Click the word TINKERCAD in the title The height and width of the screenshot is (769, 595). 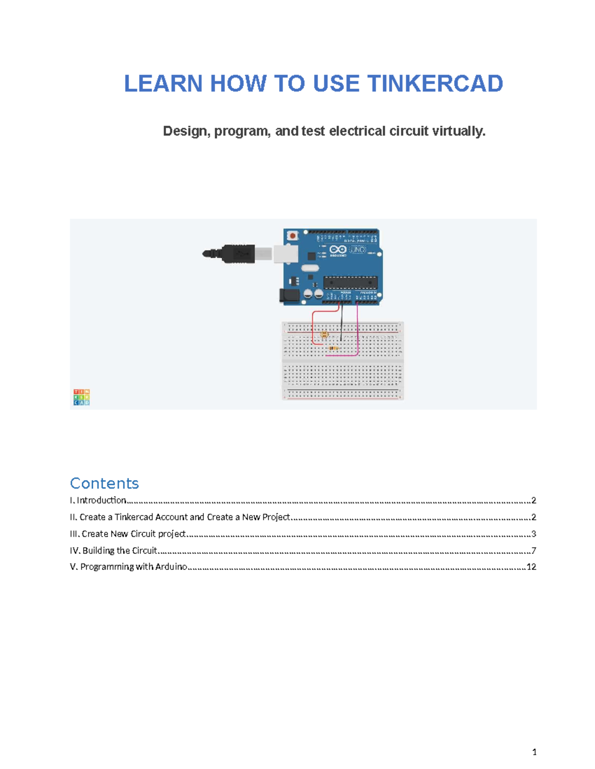[435, 84]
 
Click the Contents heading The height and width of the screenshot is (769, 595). [104, 483]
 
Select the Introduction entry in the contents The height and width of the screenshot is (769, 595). [101, 500]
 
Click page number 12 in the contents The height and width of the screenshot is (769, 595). [531, 567]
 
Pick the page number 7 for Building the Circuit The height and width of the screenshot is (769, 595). [534, 551]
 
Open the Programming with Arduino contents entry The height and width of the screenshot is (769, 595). [133, 567]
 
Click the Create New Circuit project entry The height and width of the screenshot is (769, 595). [133, 534]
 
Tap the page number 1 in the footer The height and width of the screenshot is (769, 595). [534, 752]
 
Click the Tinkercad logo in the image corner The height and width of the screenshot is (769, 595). [81, 397]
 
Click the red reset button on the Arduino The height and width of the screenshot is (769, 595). [293, 236]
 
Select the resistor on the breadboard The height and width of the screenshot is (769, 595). [334, 349]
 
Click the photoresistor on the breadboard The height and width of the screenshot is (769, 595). [324, 335]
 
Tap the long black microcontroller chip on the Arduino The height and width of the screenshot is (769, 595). [350, 283]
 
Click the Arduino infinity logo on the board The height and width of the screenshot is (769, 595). [338, 250]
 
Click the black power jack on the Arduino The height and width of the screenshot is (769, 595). [289, 296]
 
